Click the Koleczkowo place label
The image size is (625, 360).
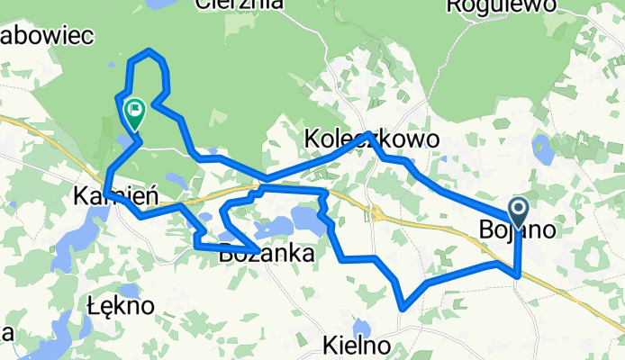tap(372, 140)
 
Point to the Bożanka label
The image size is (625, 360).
tap(267, 254)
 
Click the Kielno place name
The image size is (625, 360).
tap(358, 345)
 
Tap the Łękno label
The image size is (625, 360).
tap(122, 305)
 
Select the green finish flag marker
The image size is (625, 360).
tap(135, 112)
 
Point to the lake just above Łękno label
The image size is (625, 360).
tap(128, 290)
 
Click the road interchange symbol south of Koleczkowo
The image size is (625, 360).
tap(377, 213)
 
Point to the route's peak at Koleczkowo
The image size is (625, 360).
tap(368, 134)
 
